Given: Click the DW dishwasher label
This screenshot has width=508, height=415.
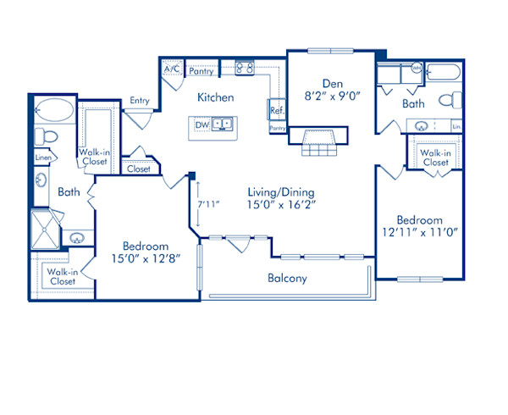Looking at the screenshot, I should (x=202, y=125).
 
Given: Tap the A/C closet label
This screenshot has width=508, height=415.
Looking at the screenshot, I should (x=172, y=69).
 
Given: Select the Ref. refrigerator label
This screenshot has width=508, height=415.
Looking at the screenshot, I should (x=277, y=110).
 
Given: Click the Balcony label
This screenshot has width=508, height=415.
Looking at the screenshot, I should (x=287, y=278).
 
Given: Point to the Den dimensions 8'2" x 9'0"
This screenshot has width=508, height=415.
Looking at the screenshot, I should (x=331, y=97).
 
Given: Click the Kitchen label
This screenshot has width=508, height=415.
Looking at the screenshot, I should (x=216, y=97).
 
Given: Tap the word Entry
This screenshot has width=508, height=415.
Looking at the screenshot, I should (x=140, y=101).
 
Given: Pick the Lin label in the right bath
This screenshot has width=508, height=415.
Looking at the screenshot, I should (x=456, y=127).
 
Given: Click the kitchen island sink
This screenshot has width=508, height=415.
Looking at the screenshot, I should (x=222, y=125).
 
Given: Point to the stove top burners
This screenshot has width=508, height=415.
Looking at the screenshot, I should (x=245, y=69).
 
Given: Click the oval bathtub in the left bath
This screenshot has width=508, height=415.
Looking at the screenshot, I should (x=56, y=111).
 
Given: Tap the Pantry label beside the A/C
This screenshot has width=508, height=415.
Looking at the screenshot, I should (x=201, y=71).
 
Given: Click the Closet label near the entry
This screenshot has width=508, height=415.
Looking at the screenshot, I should (x=138, y=169).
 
